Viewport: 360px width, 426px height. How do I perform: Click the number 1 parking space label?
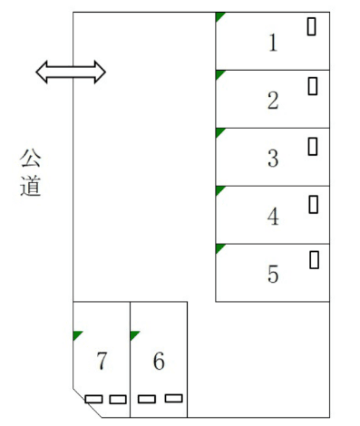tap(273, 43)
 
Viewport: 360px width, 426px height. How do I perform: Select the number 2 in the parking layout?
tap(273, 101)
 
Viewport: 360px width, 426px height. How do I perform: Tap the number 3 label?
tap(273, 159)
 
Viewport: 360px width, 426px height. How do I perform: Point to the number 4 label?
tap(273, 217)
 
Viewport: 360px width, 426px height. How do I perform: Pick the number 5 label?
tap(273, 274)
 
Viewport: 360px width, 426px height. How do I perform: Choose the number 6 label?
tap(159, 362)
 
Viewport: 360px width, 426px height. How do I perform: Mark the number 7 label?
tap(102, 362)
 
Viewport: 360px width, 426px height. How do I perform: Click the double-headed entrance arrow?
tap(71, 72)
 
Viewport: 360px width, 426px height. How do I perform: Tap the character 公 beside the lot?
tap(31, 160)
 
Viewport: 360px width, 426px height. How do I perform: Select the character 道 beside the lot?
tap(31, 188)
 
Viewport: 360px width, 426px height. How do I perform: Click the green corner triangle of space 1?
tap(219, 16)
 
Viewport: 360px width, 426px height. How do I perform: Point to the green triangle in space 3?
tap(219, 132)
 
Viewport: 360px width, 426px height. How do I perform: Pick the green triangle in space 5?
tap(219, 247)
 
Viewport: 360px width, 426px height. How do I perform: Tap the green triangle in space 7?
tap(77, 335)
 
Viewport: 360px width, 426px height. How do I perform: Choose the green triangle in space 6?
tap(134, 335)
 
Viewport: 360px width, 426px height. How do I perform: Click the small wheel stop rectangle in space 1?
tap(313, 27)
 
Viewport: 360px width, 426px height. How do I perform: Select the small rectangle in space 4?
tap(314, 204)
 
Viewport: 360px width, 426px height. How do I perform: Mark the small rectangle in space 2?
tap(313, 86)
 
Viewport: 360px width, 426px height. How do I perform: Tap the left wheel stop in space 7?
tap(93, 399)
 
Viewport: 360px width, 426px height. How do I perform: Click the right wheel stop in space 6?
tap(173, 398)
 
